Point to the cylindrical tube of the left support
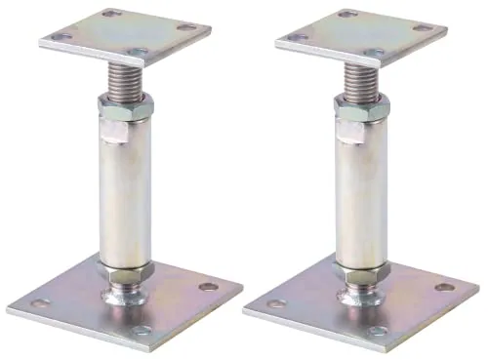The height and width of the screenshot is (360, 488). pyautogui.click(x=123, y=195)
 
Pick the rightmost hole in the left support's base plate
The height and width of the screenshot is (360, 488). pyautogui.click(x=208, y=287)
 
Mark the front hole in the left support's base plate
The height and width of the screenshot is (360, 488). pyautogui.click(x=142, y=331)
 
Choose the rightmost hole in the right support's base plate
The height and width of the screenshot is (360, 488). pyautogui.click(x=445, y=287)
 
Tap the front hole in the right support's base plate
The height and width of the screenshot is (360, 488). pyautogui.click(x=379, y=331)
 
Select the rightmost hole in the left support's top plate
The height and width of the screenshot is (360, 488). pyautogui.click(x=185, y=27)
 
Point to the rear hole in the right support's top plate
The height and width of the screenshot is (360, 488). pyautogui.click(x=344, y=15)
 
